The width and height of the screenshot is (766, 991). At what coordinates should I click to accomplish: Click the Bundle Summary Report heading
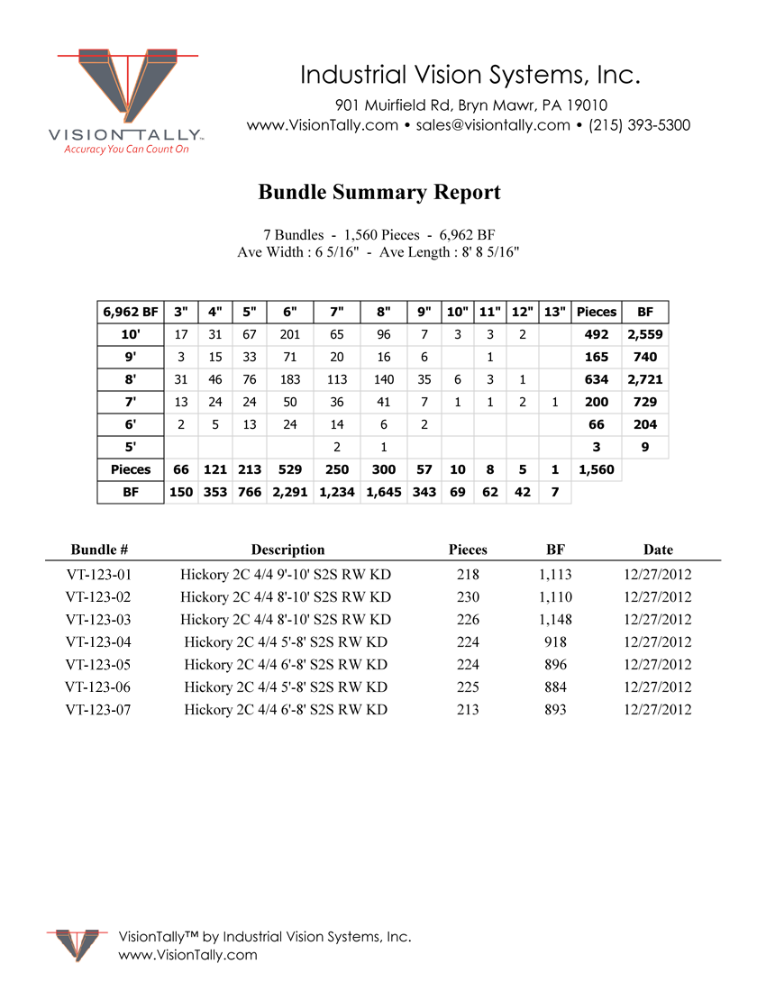(379, 192)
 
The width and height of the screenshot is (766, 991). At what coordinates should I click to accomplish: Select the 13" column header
(555, 312)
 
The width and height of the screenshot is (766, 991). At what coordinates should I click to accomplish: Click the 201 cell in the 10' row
(290, 334)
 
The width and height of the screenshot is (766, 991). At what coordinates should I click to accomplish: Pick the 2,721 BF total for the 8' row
(645, 379)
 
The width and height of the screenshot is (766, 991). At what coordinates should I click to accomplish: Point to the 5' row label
(131, 447)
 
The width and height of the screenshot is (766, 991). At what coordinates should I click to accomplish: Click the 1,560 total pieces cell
(597, 469)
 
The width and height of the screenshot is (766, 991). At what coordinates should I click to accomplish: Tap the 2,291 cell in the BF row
(290, 492)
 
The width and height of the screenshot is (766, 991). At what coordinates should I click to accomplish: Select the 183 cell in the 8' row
(290, 379)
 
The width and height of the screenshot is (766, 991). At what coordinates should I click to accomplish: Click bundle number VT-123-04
(98, 641)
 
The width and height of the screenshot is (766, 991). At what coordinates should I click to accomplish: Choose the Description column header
(287, 550)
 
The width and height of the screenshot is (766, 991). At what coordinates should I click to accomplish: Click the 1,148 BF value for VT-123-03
(555, 619)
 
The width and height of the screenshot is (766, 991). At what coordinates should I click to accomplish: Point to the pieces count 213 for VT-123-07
(468, 709)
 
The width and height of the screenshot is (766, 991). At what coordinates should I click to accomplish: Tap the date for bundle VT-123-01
(658, 574)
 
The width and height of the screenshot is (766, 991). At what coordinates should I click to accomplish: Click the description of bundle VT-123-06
(286, 686)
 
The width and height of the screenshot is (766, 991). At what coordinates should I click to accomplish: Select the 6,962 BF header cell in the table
(131, 312)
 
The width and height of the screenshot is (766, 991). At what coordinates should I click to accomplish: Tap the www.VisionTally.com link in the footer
(187, 955)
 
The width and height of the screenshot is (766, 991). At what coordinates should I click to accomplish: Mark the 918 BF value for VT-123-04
(555, 641)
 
